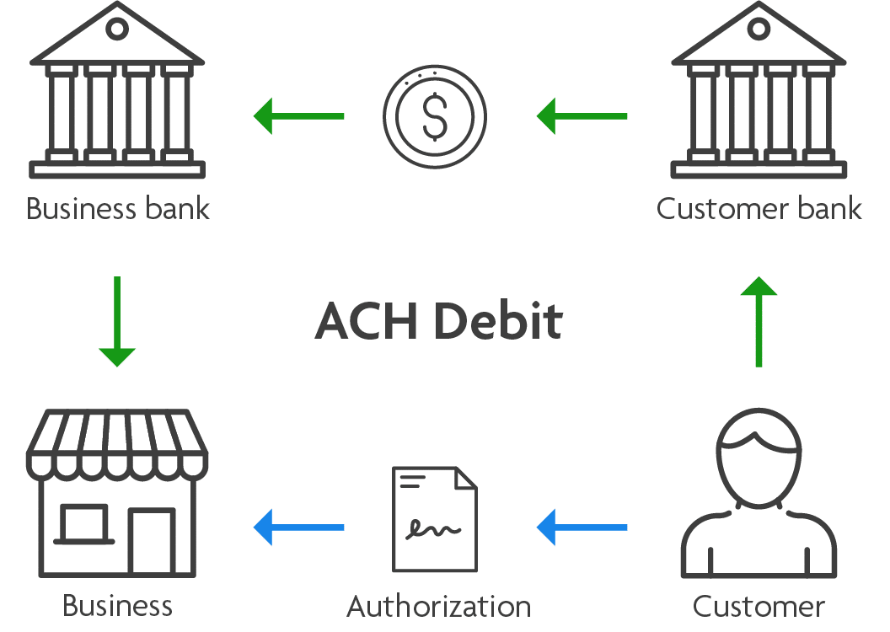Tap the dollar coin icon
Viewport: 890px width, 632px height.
point(435,116)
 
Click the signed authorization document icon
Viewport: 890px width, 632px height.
point(435,519)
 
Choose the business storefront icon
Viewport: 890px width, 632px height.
point(117,492)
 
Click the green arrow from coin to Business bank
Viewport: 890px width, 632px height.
point(298,116)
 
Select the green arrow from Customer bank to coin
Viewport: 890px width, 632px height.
point(582,116)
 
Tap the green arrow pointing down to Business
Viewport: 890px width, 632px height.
point(117,322)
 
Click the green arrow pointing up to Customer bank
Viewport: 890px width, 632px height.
point(759,322)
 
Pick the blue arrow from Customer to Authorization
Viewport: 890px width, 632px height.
point(582,527)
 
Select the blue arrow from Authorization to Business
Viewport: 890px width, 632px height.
point(298,527)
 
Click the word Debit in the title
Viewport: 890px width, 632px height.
point(498,320)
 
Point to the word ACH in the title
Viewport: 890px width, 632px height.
point(366,320)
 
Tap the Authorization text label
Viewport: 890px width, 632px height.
point(439,606)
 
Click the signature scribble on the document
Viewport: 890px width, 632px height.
point(433,528)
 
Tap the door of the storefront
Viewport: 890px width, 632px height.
point(152,542)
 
